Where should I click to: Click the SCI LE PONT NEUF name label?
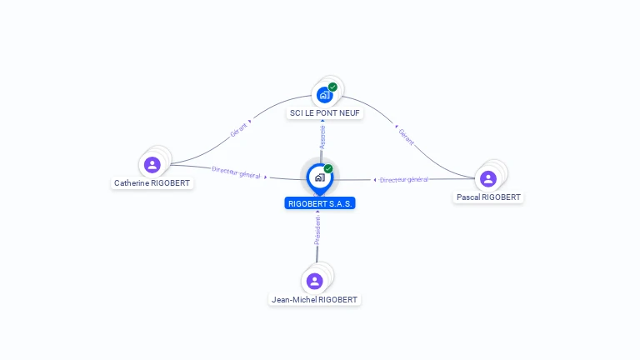[x=326, y=112]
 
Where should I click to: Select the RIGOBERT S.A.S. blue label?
[x=320, y=203]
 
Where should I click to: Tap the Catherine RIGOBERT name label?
[x=152, y=183]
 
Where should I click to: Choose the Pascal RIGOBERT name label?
[x=489, y=197]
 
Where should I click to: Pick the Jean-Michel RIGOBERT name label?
[x=315, y=299]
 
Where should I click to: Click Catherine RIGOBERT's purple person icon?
[x=152, y=164]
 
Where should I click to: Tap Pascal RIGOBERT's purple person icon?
[x=488, y=178]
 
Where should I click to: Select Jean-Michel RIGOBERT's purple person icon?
[x=314, y=281]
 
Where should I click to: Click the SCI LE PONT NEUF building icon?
[x=324, y=95]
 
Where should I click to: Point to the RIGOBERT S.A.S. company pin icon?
[x=319, y=177]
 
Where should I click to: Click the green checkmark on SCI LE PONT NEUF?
[x=332, y=87]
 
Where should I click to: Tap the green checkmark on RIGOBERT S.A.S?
[x=328, y=169]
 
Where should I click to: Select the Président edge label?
[x=317, y=231]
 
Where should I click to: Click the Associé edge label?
[x=322, y=137]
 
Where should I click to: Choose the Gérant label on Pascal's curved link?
[x=406, y=136]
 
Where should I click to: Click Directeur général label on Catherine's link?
[x=237, y=172]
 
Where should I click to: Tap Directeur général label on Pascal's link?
[x=403, y=179]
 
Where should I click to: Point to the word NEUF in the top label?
[x=349, y=112]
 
